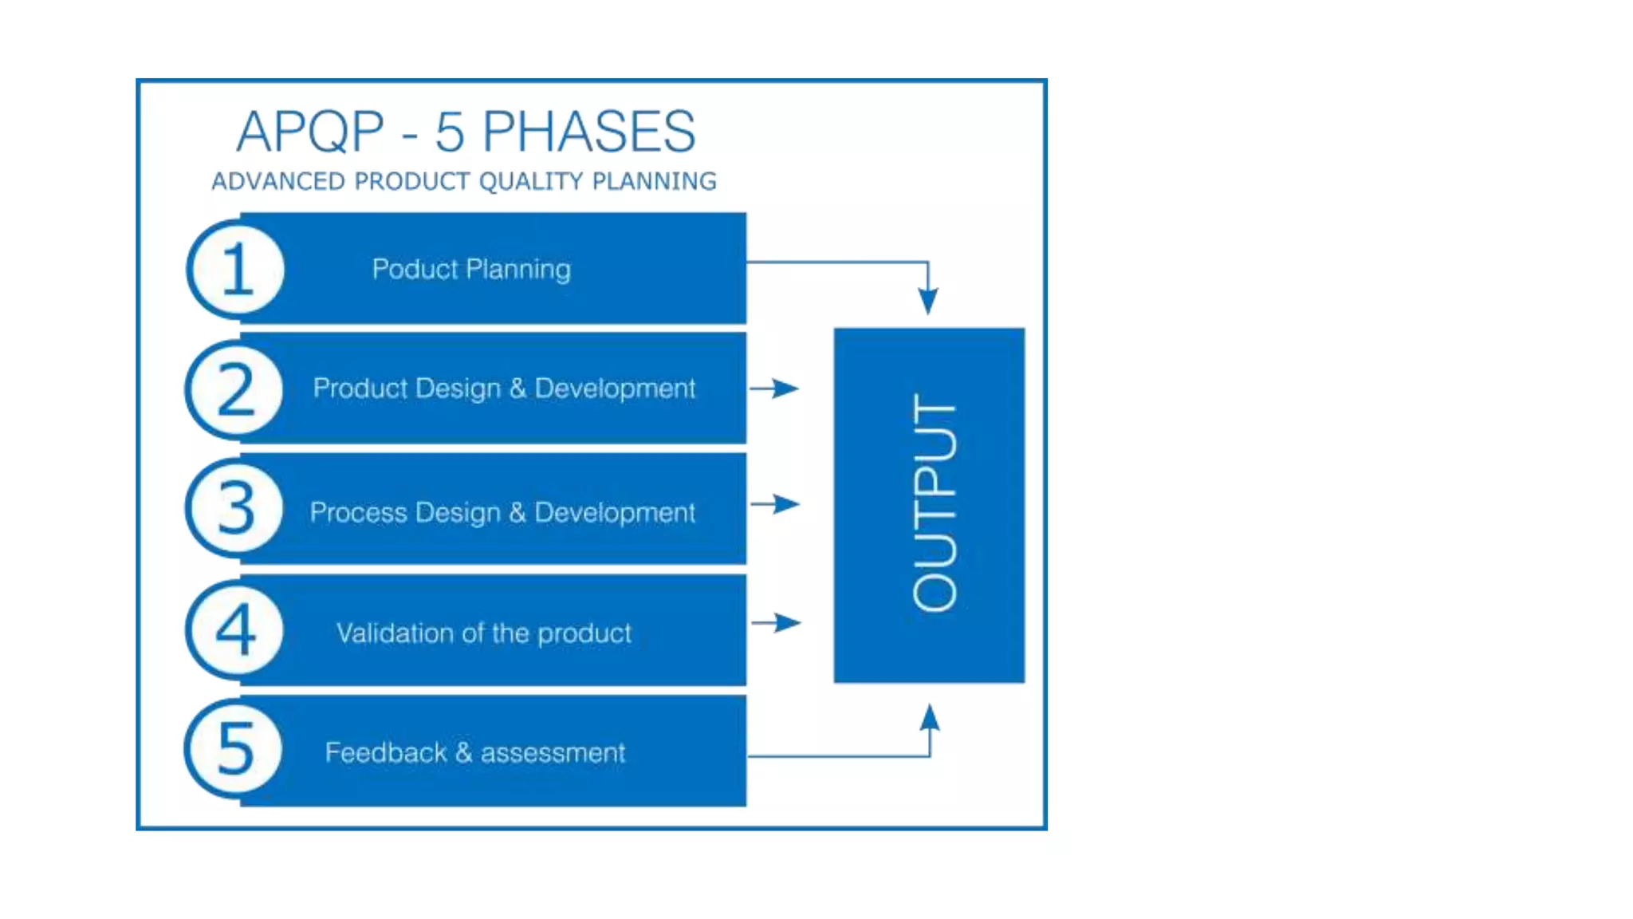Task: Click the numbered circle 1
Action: tap(236, 270)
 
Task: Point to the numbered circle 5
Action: tap(234, 749)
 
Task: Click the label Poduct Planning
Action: tap(471, 270)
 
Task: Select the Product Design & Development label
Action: tap(504, 389)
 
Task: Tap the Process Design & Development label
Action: tap(502, 512)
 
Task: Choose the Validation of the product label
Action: tap(483, 633)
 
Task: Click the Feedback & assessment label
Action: tap(475, 752)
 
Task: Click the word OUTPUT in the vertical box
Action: tap(934, 503)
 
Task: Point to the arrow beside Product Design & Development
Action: tap(774, 389)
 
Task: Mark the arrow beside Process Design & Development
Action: tap(775, 504)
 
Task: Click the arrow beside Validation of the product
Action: tap(776, 622)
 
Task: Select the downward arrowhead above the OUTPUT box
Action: tap(927, 300)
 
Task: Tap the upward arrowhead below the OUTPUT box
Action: tap(930, 718)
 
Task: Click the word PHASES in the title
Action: tap(588, 132)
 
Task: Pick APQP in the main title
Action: tap(310, 132)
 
